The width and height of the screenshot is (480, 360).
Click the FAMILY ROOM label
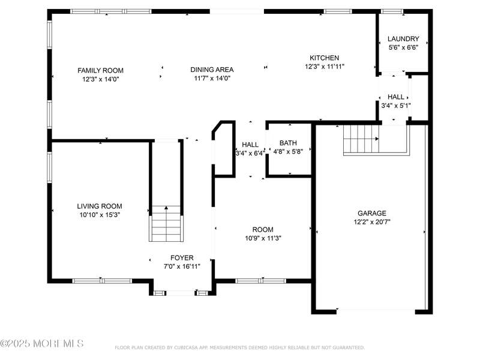(100, 70)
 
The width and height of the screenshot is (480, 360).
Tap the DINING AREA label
(212, 70)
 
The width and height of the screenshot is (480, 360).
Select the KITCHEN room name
(324, 58)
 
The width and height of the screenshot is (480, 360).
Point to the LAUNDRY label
(403, 39)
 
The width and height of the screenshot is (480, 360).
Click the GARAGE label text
(372, 214)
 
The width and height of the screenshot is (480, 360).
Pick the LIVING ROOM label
(100, 206)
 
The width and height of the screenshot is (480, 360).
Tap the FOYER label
(182, 258)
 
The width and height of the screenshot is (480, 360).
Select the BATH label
(288, 143)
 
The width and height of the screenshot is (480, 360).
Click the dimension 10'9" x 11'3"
(263, 238)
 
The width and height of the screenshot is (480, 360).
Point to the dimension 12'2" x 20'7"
(372, 222)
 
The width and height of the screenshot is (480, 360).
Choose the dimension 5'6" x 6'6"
(403, 47)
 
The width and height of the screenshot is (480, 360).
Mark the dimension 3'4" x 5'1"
(396, 106)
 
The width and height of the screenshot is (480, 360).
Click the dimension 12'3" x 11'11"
(325, 67)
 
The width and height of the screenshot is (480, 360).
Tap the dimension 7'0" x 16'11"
(182, 266)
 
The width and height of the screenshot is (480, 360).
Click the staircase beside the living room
(166, 224)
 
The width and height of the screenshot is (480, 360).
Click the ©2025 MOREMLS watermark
(42, 343)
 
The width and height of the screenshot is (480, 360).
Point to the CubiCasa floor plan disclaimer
(239, 347)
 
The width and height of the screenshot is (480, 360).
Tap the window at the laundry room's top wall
(392, 11)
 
